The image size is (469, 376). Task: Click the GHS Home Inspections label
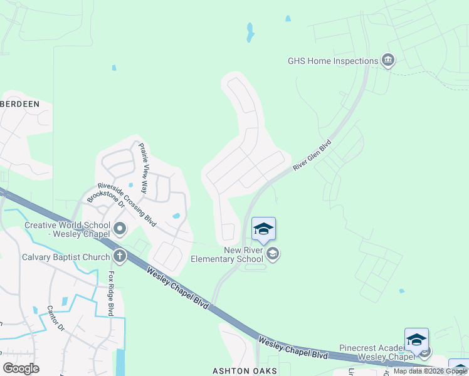coord(332,61)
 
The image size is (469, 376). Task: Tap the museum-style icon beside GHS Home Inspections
coord(388,61)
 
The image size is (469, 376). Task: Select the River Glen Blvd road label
coord(312,155)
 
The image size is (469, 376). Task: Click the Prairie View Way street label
coord(144,168)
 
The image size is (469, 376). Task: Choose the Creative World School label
coord(67,230)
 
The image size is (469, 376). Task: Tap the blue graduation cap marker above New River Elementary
coord(263,229)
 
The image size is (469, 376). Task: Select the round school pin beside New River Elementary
coord(272,254)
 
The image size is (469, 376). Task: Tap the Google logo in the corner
coord(21,368)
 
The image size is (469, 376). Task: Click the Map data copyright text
coord(429,371)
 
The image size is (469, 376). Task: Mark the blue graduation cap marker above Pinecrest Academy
coord(416,340)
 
